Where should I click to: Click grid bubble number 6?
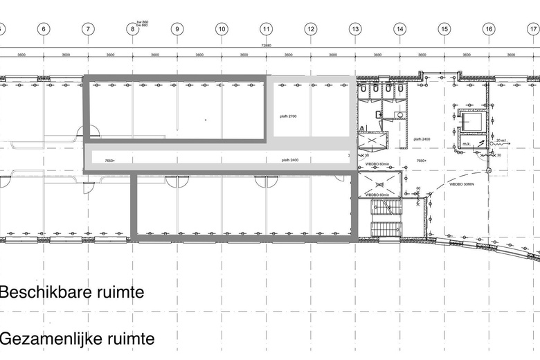pyautogui.click(x=43, y=29)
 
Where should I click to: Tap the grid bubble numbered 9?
pyautogui.click(x=177, y=29)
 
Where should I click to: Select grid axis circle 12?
pyautogui.click(x=311, y=29)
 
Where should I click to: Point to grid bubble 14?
pyautogui.click(x=399, y=29)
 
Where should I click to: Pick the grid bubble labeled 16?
pyautogui.click(x=489, y=29)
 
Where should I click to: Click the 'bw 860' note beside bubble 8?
pyautogui.click(x=143, y=24)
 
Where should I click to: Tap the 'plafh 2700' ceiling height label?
pyautogui.click(x=287, y=116)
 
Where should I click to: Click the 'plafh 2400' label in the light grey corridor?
pyautogui.click(x=290, y=160)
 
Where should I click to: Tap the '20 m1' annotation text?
pyautogui.click(x=501, y=141)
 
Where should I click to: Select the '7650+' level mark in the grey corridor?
pyautogui.click(x=109, y=161)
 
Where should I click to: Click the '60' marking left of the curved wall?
pyautogui.click(x=418, y=188)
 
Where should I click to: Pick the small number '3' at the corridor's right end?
pyautogui.click(x=348, y=156)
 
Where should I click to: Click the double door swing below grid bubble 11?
pyautogui.click(x=267, y=181)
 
